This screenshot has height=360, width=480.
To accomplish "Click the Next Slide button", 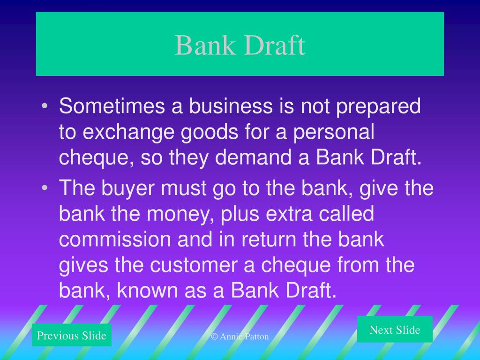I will [395, 330].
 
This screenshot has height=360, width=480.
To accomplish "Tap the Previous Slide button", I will [72, 336].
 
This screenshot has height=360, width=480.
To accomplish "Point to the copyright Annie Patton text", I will [240, 337].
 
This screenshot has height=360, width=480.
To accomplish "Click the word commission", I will [115, 240].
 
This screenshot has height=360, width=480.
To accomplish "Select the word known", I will [145, 291].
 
